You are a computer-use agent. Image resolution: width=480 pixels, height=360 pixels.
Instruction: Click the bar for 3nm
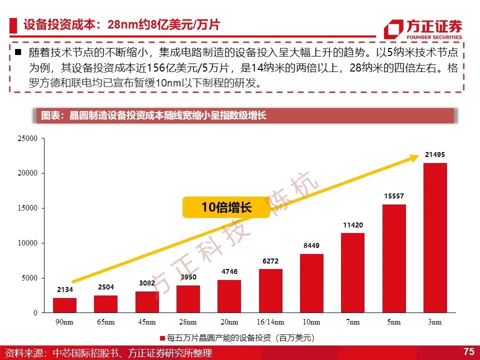tap(435, 237)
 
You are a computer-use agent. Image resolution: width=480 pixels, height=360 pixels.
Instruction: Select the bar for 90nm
tap(64, 305)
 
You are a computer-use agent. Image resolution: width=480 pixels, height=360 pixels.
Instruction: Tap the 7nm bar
tap(352, 273)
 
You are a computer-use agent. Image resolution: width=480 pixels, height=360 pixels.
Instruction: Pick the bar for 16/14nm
tap(270, 291)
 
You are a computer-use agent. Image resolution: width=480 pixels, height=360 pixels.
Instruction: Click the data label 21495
tap(434, 154)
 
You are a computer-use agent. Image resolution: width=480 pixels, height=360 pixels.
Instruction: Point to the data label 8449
tap(311, 245)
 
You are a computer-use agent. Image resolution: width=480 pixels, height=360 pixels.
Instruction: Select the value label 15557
tap(394, 196)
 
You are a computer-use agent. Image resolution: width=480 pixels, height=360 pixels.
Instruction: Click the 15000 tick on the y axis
tap(27, 208)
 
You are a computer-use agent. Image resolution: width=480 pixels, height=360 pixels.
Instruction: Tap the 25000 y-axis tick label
tap(27, 138)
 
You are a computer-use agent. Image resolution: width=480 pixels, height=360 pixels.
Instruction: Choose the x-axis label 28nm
tap(188, 322)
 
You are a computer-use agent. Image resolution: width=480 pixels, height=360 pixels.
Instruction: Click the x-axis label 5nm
tap(393, 322)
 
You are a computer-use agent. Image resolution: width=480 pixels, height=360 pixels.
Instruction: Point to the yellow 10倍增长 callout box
tap(226, 207)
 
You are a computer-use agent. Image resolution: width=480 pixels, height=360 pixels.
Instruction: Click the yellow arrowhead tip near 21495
tap(419, 156)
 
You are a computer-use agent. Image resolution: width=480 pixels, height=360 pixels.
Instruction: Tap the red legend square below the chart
tap(162, 338)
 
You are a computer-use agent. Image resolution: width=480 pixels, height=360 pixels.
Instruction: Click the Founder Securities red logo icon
tap(393, 29)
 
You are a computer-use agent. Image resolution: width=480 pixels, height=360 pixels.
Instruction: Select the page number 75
tap(468, 351)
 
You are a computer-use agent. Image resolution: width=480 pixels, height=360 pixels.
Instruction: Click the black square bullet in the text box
tap(18, 52)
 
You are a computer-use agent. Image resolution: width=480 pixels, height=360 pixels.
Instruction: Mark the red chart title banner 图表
tap(245, 115)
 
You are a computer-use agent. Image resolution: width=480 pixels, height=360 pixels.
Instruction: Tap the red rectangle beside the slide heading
tap(13, 25)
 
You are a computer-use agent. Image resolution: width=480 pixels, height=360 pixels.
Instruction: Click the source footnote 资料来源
tap(108, 353)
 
